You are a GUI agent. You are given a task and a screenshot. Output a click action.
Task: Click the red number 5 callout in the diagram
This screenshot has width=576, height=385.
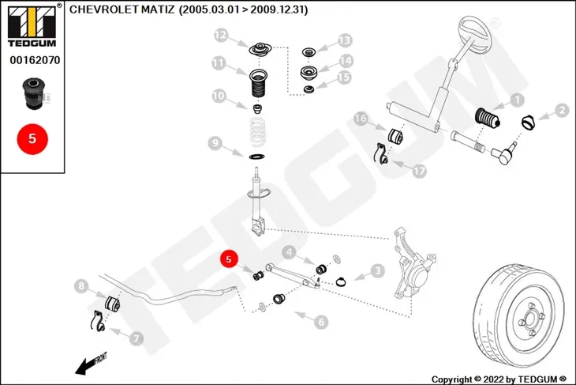[229, 259]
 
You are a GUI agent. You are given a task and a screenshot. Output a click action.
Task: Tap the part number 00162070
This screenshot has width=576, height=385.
[35, 60]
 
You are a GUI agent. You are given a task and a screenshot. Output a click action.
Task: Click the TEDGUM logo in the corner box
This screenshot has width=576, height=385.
[32, 26]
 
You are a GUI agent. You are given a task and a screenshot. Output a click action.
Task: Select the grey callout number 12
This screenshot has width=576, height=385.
[221, 36]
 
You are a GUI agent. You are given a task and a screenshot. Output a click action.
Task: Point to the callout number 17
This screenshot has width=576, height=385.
[419, 171]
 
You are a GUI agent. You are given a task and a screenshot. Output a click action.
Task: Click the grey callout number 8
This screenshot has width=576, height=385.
[81, 286]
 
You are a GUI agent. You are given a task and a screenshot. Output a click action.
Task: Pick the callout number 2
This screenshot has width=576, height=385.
[562, 110]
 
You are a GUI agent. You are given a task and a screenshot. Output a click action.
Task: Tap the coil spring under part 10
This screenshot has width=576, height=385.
[257, 132]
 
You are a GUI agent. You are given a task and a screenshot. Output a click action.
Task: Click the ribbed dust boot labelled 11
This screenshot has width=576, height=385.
[258, 84]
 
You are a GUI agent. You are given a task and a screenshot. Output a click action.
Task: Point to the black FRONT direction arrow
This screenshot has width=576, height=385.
[91, 364]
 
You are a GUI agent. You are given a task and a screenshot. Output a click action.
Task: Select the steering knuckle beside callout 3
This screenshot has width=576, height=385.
[413, 263]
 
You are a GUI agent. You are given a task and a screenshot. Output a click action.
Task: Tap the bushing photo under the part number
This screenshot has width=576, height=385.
[34, 93]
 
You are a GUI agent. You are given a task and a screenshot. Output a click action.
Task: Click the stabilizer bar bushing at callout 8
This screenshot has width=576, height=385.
[112, 304]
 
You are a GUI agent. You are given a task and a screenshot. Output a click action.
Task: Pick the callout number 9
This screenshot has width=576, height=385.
[215, 143]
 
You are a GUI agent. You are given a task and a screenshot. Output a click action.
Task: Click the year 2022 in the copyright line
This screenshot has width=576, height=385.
[493, 379]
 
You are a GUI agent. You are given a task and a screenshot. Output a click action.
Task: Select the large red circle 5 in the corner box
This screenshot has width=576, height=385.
[32, 139]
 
